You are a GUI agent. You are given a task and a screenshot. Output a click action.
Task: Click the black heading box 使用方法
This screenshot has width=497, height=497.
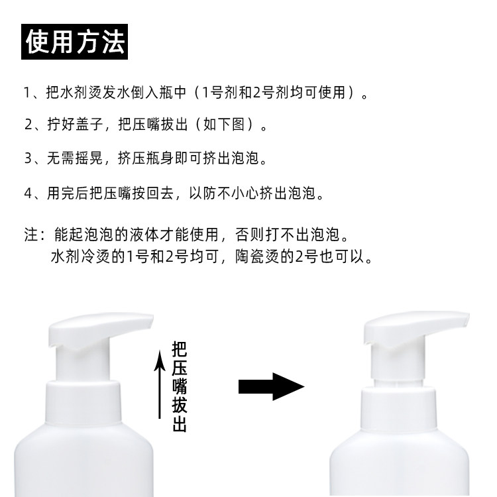click(74, 42)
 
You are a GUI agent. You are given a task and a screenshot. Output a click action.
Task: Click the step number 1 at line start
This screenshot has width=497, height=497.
click(27, 93)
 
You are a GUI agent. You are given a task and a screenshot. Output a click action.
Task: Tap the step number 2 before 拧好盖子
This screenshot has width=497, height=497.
click(28, 125)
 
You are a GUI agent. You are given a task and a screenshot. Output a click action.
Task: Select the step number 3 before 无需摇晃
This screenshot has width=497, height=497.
click(28, 158)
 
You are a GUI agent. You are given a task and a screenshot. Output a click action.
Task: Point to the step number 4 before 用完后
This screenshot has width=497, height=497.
click(28, 193)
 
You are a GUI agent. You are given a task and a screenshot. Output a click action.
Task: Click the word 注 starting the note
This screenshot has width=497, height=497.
click(31, 235)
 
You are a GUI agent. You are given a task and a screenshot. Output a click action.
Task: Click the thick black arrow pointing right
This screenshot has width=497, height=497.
click(271, 386)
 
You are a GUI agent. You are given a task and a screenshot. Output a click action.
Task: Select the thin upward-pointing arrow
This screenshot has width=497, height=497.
click(160, 384)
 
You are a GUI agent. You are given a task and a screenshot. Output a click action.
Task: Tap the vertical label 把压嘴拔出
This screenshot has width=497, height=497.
click(180, 387)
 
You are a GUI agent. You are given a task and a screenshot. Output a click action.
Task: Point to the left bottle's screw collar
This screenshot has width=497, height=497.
click(84, 402)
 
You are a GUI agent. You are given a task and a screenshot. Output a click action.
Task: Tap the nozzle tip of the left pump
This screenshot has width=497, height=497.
click(150, 319)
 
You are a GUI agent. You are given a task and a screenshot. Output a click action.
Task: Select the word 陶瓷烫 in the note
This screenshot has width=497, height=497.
click(256, 256)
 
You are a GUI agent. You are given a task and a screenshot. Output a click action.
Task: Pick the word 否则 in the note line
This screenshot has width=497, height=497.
click(249, 235)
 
